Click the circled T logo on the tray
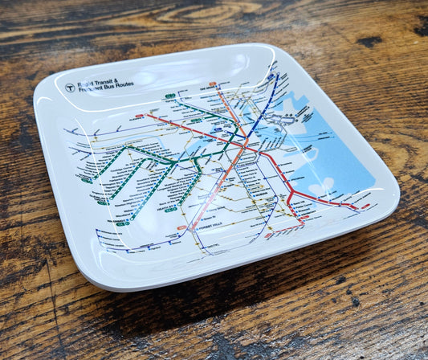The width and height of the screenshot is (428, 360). click(70, 88)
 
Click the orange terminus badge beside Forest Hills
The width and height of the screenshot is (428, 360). click(183, 227)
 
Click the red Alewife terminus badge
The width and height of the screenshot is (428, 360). click(140, 117)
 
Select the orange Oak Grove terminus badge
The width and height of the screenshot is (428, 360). click(213, 84)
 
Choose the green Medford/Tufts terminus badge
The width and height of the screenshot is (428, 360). click(170, 96)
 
